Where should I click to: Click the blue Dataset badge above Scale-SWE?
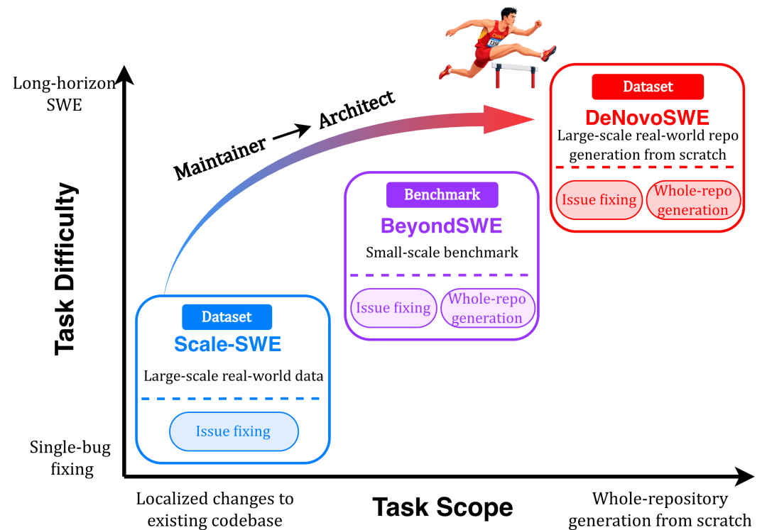[227, 317]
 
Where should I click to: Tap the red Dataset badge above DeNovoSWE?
[648, 87]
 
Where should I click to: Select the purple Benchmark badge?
[442, 195]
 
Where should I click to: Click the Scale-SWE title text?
[227, 344]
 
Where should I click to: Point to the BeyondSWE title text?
[442, 226]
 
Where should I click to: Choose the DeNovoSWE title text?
[647, 118]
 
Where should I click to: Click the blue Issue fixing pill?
[234, 431]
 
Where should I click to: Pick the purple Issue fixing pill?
[393, 308]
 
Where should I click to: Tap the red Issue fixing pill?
[599, 200]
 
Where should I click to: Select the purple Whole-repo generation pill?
[487, 308]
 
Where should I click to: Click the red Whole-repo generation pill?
[693, 200]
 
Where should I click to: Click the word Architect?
[357, 109]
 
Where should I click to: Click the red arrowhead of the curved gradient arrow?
[508, 119]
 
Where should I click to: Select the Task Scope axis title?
[442, 507]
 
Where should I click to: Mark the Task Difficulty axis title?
[65, 269]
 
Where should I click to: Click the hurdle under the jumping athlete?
[515, 74]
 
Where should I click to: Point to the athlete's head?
[508, 16]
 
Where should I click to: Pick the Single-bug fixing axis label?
[70, 458]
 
